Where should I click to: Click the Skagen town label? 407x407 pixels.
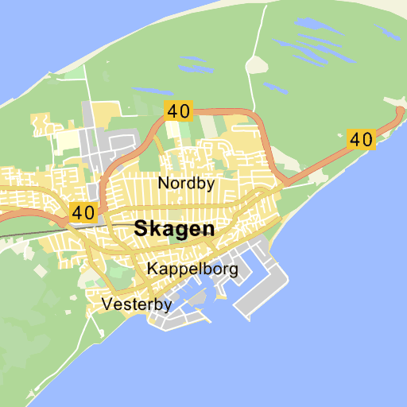(175, 229)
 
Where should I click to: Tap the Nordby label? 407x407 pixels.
(186, 184)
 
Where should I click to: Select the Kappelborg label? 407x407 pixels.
(192, 269)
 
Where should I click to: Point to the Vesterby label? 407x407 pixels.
(138, 304)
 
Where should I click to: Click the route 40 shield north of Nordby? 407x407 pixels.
(178, 110)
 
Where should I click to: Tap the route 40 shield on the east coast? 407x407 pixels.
(361, 139)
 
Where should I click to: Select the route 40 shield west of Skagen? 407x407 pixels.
(83, 212)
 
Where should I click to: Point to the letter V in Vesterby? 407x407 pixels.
(108, 304)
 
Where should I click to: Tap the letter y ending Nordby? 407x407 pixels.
(210, 185)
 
